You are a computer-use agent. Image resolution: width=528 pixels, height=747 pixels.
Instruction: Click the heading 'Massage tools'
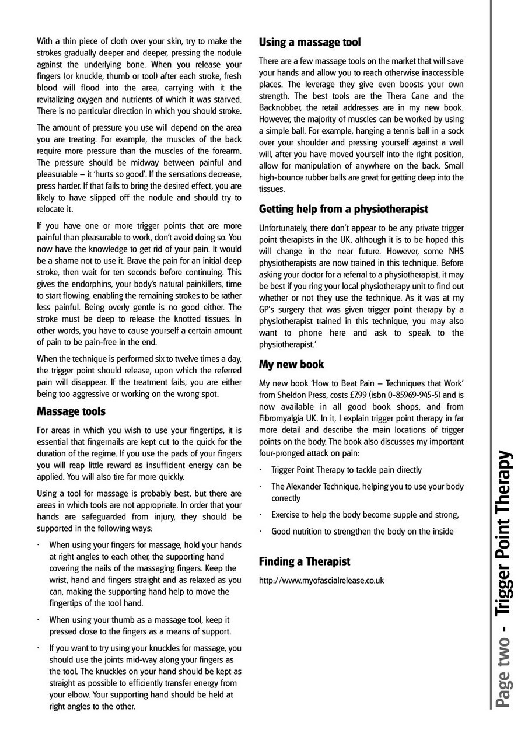pyautogui.click(x=71, y=411)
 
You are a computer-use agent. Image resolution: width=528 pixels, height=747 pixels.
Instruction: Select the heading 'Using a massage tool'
pyautogui.click(x=310, y=42)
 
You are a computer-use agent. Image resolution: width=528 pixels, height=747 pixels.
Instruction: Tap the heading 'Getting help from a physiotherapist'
pyautogui.click(x=344, y=209)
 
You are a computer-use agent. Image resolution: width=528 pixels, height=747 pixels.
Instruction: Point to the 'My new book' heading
pyautogui.click(x=291, y=364)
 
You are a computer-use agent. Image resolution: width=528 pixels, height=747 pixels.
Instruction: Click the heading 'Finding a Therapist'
pyautogui.click(x=305, y=561)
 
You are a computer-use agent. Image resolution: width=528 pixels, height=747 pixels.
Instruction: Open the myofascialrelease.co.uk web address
pyautogui.click(x=321, y=581)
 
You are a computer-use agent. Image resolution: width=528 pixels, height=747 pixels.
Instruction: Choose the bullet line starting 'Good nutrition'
pyautogui.click(x=362, y=531)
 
